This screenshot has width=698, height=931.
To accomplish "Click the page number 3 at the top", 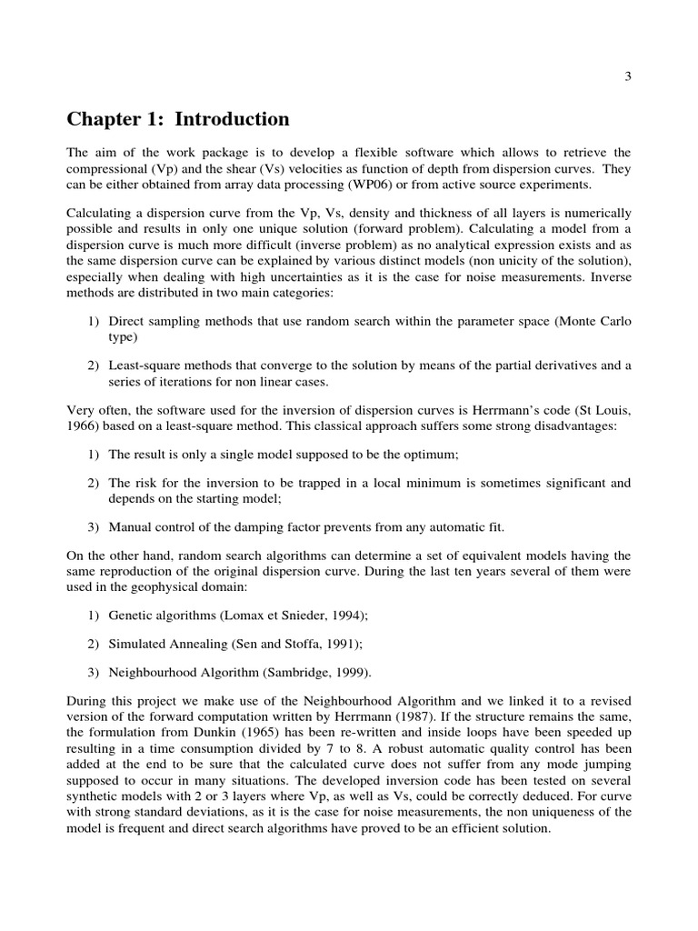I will [x=627, y=77].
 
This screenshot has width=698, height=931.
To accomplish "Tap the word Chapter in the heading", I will [x=101, y=119].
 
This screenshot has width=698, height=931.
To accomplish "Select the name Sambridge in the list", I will [x=292, y=673].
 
